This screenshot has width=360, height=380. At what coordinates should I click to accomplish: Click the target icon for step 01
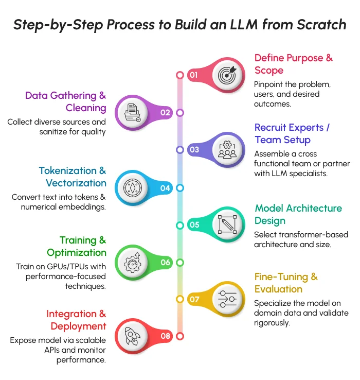227,75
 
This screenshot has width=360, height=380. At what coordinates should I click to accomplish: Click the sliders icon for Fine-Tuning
227,299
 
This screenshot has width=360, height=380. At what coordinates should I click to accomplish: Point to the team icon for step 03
227,150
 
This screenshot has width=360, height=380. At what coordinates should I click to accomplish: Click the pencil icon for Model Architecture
227,224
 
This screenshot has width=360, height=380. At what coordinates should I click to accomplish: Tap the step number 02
165,113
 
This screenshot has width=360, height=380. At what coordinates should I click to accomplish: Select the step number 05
194,225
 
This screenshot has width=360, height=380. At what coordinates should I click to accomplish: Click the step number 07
194,299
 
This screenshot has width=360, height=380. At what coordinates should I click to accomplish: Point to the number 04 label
165,188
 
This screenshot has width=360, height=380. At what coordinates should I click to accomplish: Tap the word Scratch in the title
321,24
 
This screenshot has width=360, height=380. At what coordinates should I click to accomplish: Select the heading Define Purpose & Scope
293,64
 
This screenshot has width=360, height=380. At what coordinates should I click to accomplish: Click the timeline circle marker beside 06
180,262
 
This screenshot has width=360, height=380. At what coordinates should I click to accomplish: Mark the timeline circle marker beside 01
180,75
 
